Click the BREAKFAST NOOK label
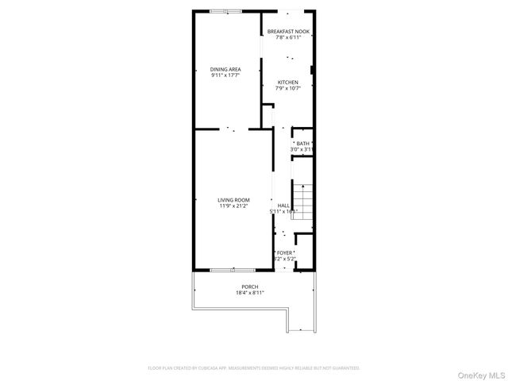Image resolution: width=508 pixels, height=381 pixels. click(x=287, y=31)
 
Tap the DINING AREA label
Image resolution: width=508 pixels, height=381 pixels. click(x=225, y=69)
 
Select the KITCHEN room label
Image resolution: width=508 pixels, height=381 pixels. click(x=287, y=82)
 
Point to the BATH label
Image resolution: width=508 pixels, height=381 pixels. click(x=302, y=143)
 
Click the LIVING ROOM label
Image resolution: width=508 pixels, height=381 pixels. click(x=234, y=199)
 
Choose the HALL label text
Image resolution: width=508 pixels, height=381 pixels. click(x=283, y=205)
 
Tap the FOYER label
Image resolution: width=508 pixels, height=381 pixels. click(x=284, y=252)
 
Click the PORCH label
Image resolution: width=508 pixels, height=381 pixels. click(x=250, y=287)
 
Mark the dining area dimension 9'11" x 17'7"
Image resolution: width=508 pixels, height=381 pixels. click(x=225, y=75)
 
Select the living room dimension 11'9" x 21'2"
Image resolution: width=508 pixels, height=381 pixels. click(x=234, y=206)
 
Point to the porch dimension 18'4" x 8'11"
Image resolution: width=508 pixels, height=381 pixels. click(x=250, y=293)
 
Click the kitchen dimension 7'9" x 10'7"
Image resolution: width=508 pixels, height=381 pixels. click(x=287, y=88)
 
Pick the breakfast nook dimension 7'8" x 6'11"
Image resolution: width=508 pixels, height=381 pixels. click(x=287, y=37)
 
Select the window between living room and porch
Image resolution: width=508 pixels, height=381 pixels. click(x=223, y=271)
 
